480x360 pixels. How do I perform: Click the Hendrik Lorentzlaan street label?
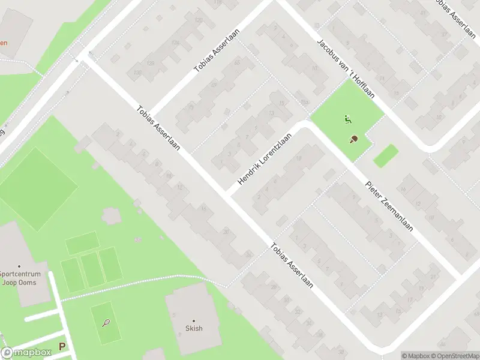pyautogui.click(x=265, y=159)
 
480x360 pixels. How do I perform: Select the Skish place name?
pyautogui.click(x=194, y=328)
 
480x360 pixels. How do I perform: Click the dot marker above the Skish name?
pyautogui.click(x=194, y=321)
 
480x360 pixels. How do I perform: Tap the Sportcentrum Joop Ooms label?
pyautogui.click(x=19, y=278)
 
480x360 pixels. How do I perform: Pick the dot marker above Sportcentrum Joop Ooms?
pyautogui.click(x=19, y=266)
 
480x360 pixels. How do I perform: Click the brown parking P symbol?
pyautogui.click(x=62, y=346)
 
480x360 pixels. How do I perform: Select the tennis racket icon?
pyautogui.click(x=106, y=323)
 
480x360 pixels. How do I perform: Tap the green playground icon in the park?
pyautogui.click(x=347, y=119)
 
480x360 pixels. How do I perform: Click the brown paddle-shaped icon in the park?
pyautogui.click(x=354, y=139)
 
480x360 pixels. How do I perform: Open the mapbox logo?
pyautogui.click(x=26, y=353)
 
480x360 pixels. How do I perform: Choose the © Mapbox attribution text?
pyautogui.click(x=416, y=356)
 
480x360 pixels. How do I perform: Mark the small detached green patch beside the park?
pyautogui.click(x=386, y=156)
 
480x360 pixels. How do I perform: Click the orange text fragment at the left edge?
pyautogui.click(x=4, y=43)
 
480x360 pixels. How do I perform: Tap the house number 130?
pyautogui.click(x=137, y=73)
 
